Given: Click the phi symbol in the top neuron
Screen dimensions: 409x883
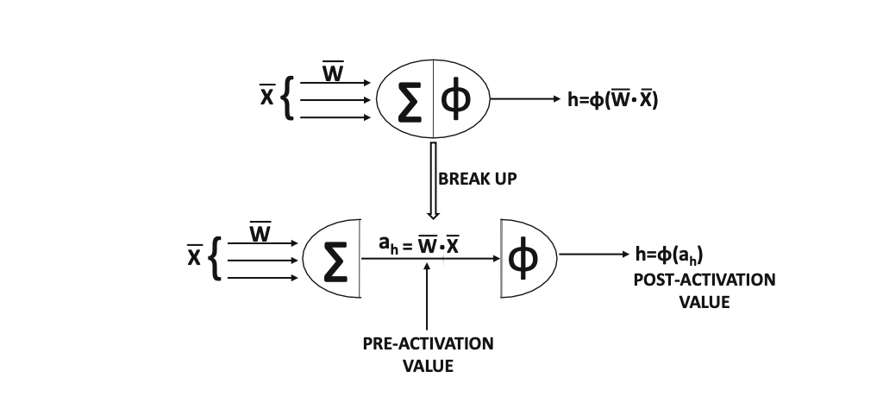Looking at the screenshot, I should (x=456, y=100).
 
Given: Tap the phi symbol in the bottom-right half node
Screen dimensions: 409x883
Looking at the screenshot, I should (x=523, y=257).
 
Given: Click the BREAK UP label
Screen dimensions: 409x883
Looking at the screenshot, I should (x=477, y=179).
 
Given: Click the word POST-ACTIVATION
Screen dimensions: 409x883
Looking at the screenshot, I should (x=704, y=280).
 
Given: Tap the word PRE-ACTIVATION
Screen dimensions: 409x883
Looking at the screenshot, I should (x=428, y=343).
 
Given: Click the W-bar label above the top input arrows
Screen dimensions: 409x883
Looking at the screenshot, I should (x=333, y=72).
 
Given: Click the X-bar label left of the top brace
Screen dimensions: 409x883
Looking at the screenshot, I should (x=267, y=98).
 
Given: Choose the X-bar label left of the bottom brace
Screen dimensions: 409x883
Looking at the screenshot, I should (x=195, y=257).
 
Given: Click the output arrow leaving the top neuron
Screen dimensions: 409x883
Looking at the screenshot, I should (x=526, y=99).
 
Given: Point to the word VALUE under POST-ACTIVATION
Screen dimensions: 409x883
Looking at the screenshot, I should (x=704, y=302).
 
